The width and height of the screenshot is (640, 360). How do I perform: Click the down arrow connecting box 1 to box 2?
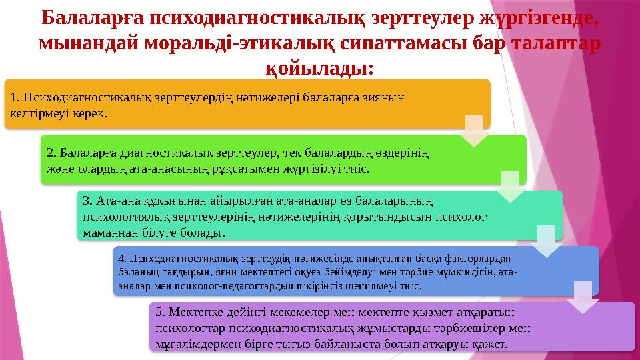[475, 131]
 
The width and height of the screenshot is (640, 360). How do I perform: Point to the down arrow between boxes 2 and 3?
[511, 187]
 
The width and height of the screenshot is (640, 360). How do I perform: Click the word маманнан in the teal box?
[103, 233]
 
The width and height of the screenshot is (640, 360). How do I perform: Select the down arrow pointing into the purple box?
[583, 297]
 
